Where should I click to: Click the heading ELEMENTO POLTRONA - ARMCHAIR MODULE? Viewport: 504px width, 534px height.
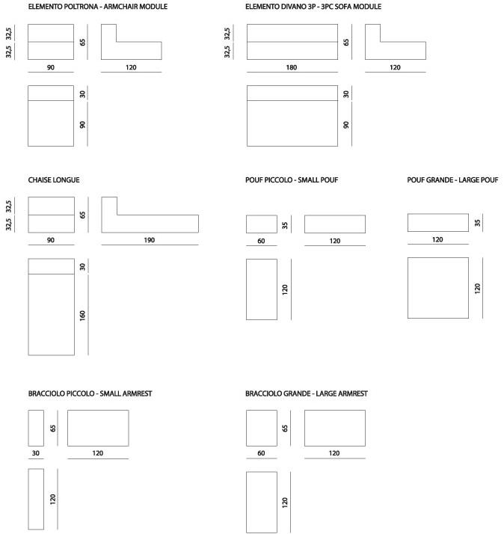(97, 7)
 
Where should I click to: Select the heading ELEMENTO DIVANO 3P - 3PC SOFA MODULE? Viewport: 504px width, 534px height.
(313, 7)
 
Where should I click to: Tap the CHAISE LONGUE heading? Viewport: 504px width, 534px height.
(54, 180)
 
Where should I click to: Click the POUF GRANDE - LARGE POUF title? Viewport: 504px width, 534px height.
(452, 180)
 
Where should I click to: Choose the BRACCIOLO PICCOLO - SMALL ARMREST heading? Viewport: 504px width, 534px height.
(90, 393)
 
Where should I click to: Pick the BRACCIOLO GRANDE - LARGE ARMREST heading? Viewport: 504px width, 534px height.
(306, 393)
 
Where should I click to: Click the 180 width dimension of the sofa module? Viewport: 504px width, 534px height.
(291, 68)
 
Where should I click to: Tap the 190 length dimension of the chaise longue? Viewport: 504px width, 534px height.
(150, 240)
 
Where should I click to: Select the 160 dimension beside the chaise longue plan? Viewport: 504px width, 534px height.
(83, 315)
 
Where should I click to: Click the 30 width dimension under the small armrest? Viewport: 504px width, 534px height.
(35, 453)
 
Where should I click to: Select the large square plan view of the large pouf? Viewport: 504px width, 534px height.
(437, 288)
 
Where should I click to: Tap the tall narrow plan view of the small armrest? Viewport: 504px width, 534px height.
(35, 498)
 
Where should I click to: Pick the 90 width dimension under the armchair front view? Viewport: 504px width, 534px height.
(50, 68)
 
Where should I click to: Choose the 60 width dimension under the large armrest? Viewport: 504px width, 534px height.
(262, 453)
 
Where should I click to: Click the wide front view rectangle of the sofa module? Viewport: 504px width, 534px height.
(291, 42)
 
